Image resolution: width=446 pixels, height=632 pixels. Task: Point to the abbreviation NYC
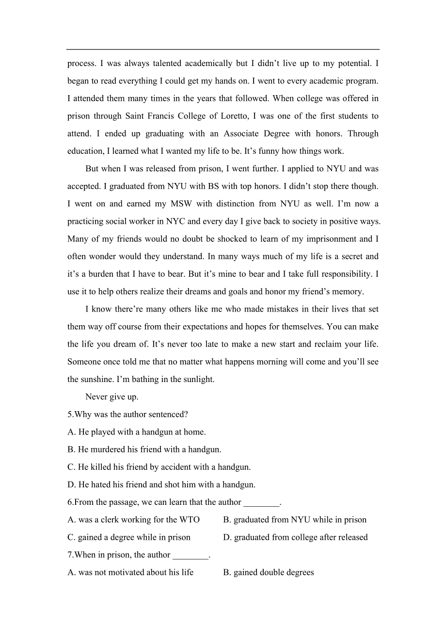[x=175, y=221]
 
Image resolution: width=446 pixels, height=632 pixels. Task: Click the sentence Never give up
[x=112, y=397]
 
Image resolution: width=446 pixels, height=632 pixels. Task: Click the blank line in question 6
[x=261, y=503]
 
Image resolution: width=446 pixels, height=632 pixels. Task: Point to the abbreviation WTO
[x=190, y=519]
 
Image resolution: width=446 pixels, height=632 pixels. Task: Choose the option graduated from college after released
[x=295, y=537]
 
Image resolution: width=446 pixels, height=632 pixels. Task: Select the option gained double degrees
[x=269, y=572]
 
